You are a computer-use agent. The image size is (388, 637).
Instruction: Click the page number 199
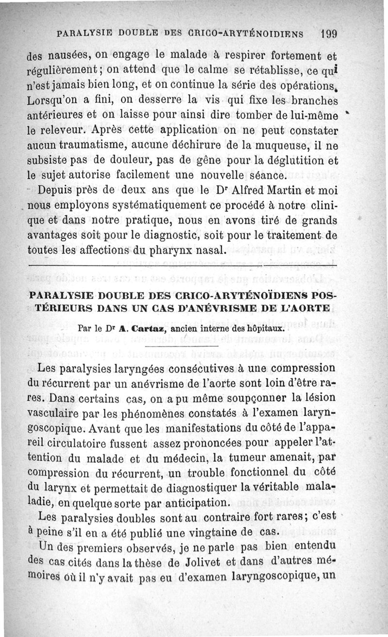click(x=328, y=34)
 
